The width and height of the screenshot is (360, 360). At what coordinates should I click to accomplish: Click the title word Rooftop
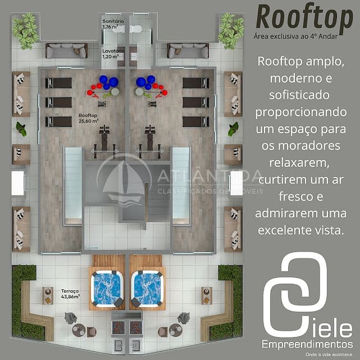point(300,18)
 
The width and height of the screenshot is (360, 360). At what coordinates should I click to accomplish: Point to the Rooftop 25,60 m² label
point(88,118)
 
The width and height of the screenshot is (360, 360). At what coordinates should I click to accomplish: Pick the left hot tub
point(107,289)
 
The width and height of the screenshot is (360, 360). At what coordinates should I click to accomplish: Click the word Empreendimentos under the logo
point(307,344)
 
